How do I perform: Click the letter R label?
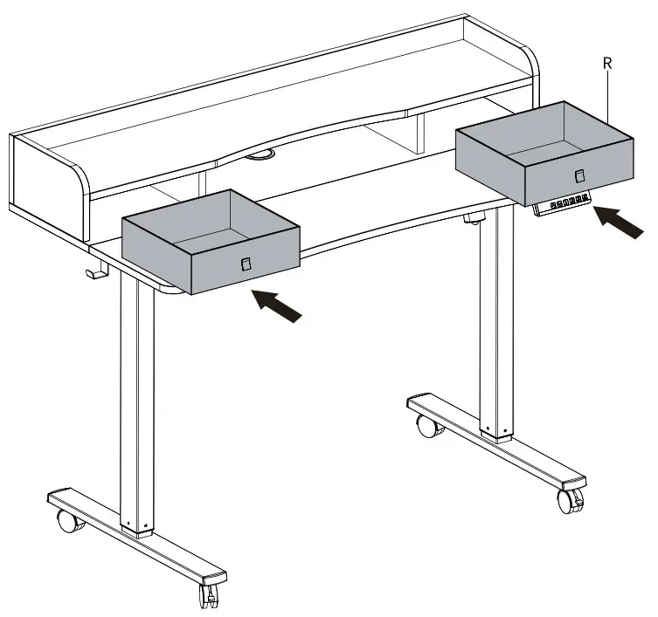(607, 64)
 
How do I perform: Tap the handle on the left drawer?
(246, 264)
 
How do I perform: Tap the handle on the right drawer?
(579, 175)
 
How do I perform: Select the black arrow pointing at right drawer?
(619, 223)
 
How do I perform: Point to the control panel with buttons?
(563, 204)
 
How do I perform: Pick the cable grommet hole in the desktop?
(260, 155)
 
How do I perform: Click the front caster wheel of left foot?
(209, 595)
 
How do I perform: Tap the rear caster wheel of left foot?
(68, 521)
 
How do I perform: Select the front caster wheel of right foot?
(570, 501)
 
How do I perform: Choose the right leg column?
(497, 323)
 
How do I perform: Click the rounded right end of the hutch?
(530, 75)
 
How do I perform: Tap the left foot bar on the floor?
(137, 537)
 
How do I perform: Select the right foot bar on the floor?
(497, 442)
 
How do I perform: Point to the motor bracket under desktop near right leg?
(475, 218)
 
